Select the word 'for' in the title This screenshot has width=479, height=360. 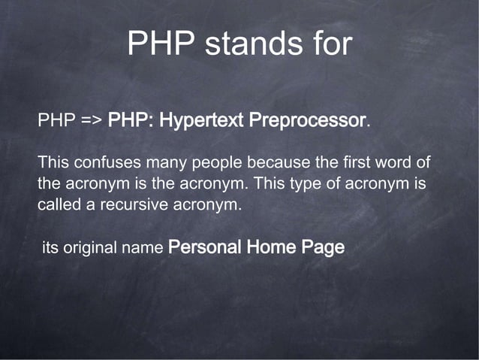click(x=327, y=44)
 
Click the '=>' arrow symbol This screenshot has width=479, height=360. click(x=90, y=121)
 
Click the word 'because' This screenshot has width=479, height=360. click(x=276, y=162)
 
